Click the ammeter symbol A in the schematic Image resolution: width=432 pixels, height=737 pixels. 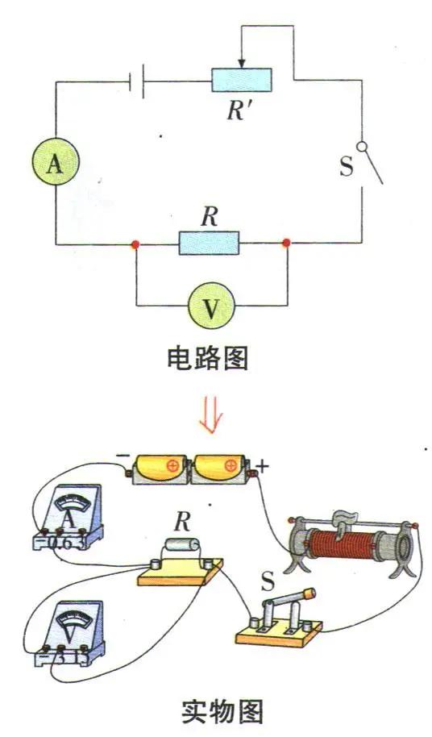pos(55,164)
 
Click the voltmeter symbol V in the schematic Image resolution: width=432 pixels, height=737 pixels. pos(211,306)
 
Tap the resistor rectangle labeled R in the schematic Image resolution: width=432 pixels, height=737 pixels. pos(210,242)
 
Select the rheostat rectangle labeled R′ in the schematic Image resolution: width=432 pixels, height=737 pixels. pos(242,80)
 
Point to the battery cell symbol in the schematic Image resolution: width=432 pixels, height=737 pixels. pos(136,80)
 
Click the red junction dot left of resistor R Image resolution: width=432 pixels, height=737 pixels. pos(135,243)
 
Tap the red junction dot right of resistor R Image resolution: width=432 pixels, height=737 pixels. pos(286,243)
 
